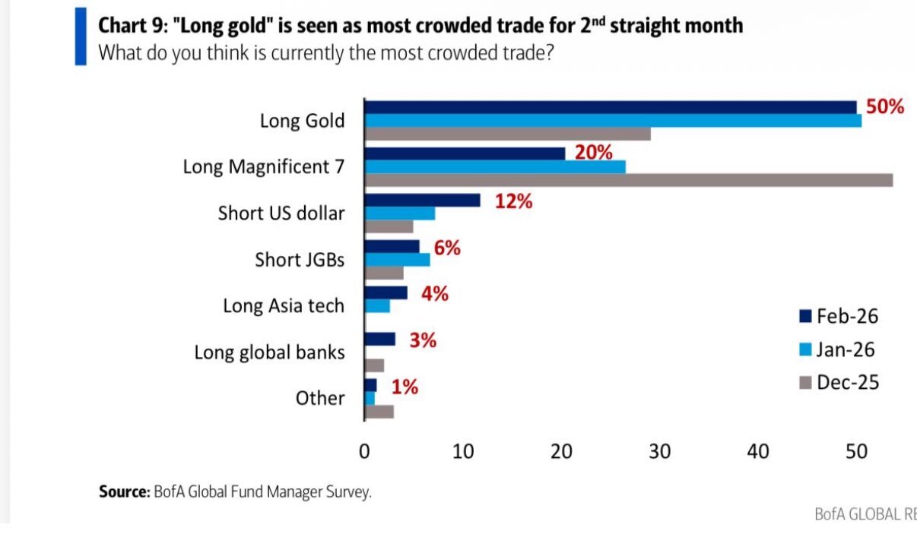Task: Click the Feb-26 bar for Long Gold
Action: (611, 108)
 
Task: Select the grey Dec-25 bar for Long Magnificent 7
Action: (629, 180)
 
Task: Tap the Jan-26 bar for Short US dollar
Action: (400, 213)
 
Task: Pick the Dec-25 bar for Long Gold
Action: (508, 134)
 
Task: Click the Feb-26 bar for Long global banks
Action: (380, 339)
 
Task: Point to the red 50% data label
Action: (885, 106)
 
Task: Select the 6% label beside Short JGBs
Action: (448, 248)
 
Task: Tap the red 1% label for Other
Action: (405, 387)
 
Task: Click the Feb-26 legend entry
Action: (839, 316)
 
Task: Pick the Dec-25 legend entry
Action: (839, 382)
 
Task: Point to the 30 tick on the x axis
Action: (660, 451)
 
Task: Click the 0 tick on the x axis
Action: (365, 451)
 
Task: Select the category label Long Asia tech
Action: (284, 306)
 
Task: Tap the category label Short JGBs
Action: (300, 260)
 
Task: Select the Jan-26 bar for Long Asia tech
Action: (378, 305)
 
